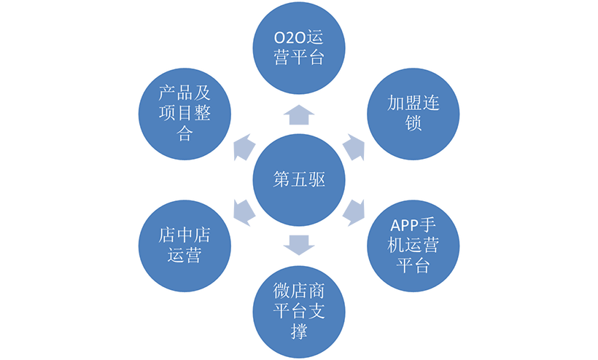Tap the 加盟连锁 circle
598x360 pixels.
click(413, 112)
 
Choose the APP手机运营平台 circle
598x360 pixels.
click(413, 245)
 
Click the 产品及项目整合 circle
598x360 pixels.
click(185, 112)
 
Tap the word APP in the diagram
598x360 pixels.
click(404, 225)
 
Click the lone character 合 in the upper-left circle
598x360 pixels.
click(185, 133)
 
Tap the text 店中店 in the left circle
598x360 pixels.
click(184, 235)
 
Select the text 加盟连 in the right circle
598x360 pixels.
click(413, 102)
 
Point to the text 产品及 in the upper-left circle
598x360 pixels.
click(185, 93)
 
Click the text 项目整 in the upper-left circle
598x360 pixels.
click(185, 113)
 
